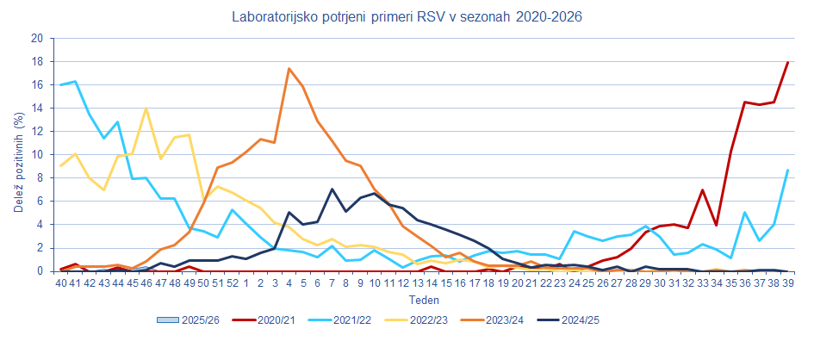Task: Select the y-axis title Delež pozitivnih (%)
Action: [18, 155]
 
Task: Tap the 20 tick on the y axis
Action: [36, 39]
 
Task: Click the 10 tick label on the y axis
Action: [36, 155]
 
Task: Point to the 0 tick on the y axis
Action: [40, 271]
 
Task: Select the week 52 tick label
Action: [232, 282]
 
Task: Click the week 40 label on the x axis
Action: [61, 282]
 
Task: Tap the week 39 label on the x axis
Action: [787, 282]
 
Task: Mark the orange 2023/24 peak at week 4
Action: [289, 69]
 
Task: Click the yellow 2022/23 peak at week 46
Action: [146, 109]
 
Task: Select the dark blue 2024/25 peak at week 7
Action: [332, 189]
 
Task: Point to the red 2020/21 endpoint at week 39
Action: [787, 62]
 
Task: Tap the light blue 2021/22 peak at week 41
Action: [76, 82]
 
